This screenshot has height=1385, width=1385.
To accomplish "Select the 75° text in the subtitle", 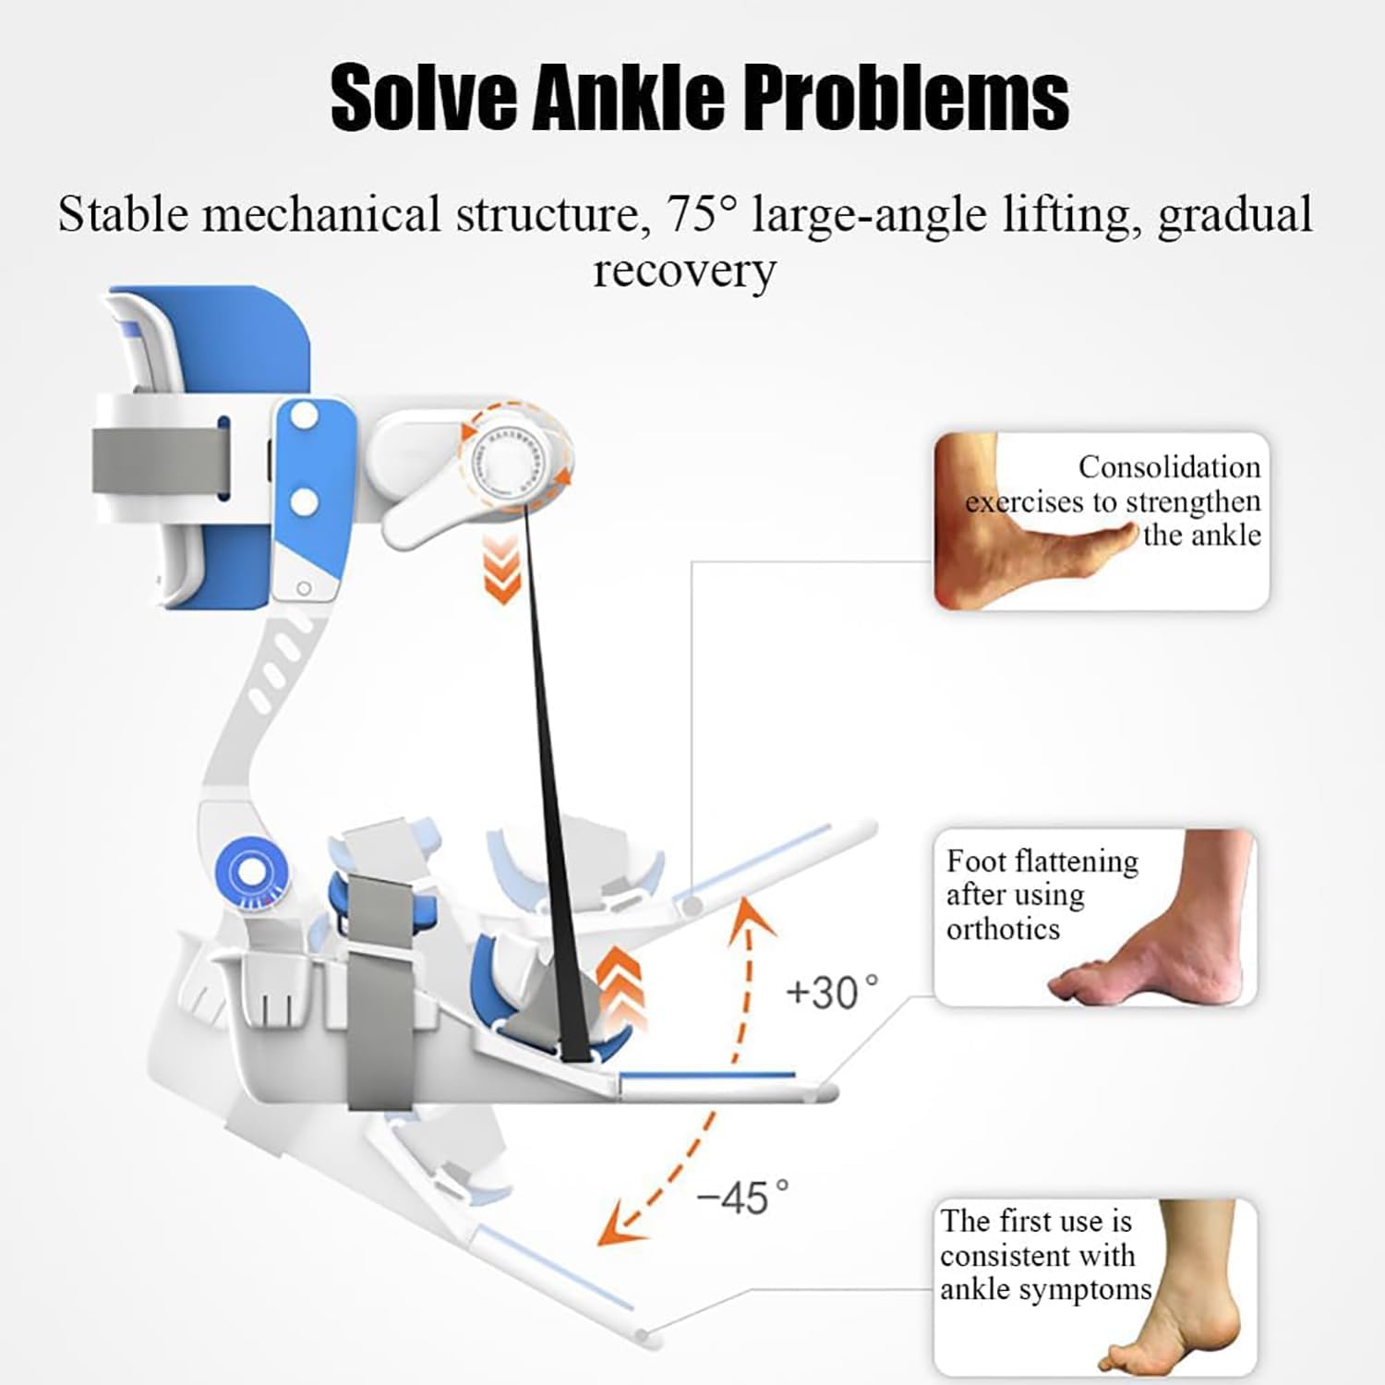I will (702, 214).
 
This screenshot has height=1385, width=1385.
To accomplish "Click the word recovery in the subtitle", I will (684, 271).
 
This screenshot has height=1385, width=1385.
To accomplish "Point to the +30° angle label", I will (831, 994).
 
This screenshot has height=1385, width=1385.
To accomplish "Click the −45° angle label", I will (743, 1198).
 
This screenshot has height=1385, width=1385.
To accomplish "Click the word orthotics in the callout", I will (1003, 929).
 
